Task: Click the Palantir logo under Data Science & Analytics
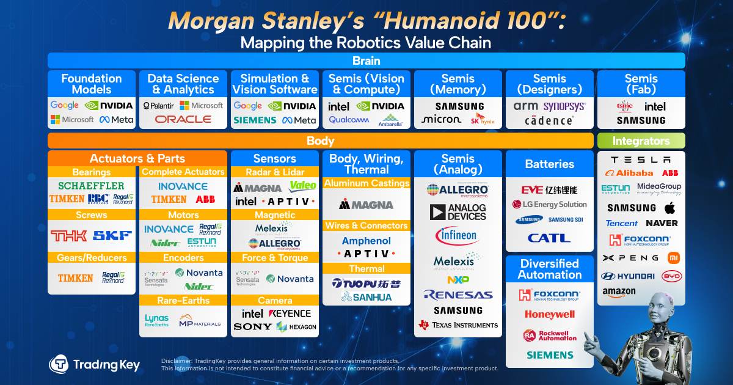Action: click(158, 106)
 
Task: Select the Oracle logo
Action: click(183, 120)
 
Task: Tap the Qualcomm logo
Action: click(348, 120)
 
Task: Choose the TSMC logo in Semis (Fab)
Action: click(624, 106)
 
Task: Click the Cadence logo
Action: click(549, 120)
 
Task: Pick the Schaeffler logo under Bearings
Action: click(91, 186)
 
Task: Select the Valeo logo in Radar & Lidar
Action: click(303, 186)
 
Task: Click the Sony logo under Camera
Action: click(252, 327)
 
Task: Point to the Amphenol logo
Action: click(366, 241)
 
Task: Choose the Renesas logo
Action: click(458, 295)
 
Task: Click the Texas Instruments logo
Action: click(458, 325)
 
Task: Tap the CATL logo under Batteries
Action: click(549, 238)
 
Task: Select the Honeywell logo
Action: click(549, 315)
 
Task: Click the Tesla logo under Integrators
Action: click(640, 159)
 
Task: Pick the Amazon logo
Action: click(618, 293)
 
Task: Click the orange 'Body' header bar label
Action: click(320, 141)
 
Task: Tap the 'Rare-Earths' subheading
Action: click(183, 301)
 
